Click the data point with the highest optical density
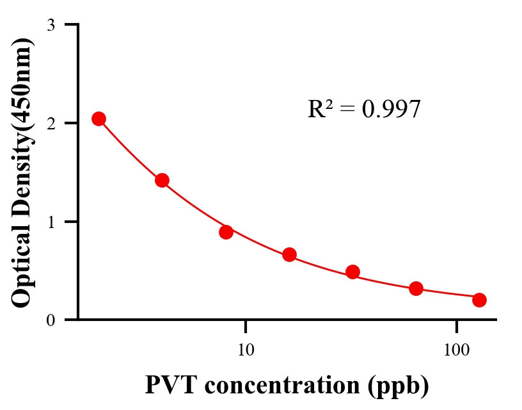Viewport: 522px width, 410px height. tap(99, 119)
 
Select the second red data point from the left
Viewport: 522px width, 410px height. tap(162, 180)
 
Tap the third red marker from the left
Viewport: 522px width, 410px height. tap(226, 231)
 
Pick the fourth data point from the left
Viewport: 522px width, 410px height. tap(289, 254)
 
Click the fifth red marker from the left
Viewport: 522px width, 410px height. tap(352, 272)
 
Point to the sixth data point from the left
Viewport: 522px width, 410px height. tap(416, 288)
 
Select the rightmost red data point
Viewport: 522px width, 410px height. tap(479, 300)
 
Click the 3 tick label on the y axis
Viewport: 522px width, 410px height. tap(51, 25)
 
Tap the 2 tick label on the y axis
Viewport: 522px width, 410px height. tap(51, 123)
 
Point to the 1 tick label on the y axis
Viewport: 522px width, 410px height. tap(51, 222)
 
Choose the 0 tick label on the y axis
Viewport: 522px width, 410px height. tap(51, 320)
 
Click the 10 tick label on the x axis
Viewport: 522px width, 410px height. tap(246, 350)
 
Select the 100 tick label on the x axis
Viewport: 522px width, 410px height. tap(456, 350)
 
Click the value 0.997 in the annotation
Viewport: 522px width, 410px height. tap(391, 110)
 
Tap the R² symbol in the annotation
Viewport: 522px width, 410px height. tap(320, 109)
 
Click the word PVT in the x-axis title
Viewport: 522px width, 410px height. tap(168, 384)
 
